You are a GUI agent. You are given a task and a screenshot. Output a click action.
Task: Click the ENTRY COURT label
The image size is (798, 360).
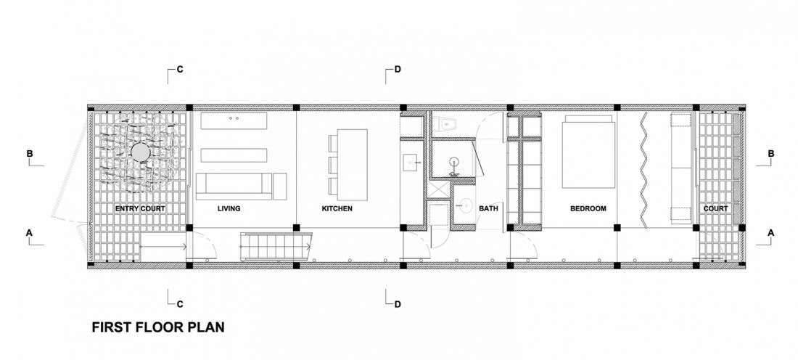(x=140, y=209)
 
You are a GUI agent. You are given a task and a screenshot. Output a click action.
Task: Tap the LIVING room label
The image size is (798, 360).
(x=229, y=209)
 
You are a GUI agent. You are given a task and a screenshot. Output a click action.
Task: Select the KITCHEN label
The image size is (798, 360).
(x=337, y=209)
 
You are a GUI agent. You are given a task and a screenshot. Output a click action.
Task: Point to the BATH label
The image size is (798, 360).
(x=488, y=209)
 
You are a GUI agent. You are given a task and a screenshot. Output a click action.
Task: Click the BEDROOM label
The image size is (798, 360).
(x=588, y=209)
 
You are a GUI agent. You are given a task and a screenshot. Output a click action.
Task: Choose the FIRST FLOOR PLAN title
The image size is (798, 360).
(x=157, y=327)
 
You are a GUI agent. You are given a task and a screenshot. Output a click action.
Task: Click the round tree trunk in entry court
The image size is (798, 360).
(x=140, y=152)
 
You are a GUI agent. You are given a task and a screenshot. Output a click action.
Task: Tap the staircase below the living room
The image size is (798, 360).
(x=276, y=247)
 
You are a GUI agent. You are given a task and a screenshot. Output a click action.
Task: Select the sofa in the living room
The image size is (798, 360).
(x=234, y=187)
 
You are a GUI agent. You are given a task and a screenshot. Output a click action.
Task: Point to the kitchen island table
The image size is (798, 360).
(x=350, y=165)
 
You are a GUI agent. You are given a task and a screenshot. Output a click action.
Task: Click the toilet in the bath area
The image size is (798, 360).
(x=447, y=123)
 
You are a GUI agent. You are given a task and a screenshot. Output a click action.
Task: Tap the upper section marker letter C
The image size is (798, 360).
(x=180, y=70)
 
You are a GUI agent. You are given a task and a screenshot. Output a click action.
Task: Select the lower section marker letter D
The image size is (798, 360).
(x=398, y=305)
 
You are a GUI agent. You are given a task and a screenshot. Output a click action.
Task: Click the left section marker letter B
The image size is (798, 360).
(x=30, y=154)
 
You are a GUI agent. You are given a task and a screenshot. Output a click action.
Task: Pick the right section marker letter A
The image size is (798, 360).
(x=770, y=233)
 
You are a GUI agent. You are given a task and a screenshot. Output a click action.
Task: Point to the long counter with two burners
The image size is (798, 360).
(x=234, y=120)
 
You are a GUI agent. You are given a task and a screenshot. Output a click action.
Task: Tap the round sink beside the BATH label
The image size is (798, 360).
(x=464, y=205)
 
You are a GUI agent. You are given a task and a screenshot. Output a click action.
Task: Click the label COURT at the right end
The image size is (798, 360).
(x=715, y=209)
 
